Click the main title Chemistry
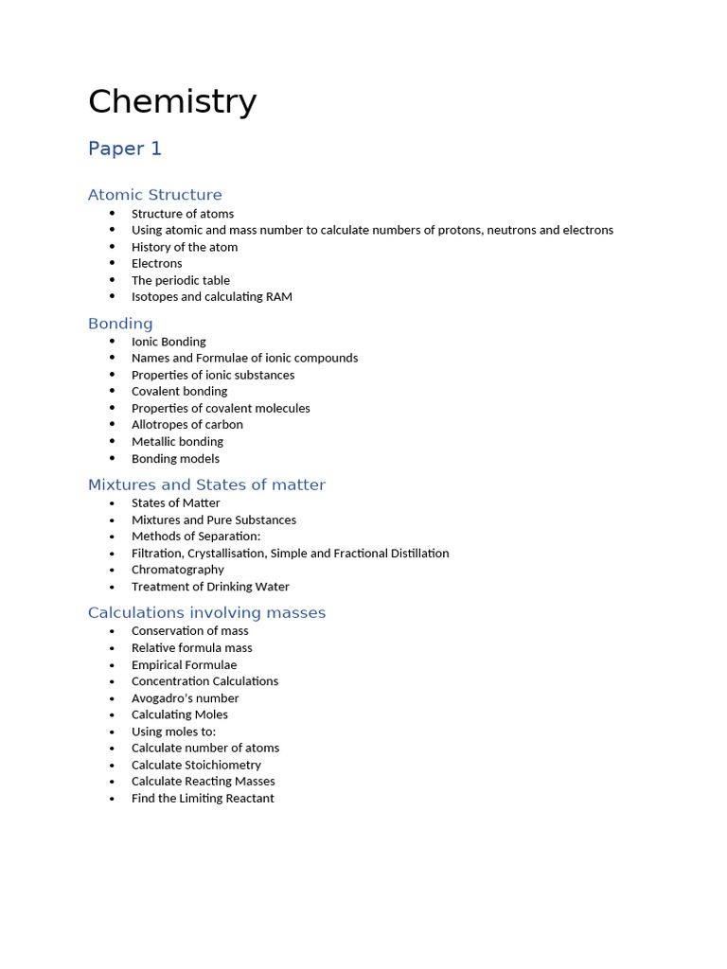(x=172, y=102)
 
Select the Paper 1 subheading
(x=125, y=149)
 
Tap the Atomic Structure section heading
(x=155, y=195)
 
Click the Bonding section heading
(x=120, y=324)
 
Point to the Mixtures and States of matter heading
(x=206, y=485)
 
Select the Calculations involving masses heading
(x=206, y=613)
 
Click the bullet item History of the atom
(x=185, y=247)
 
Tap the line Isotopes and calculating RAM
(x=212, y=297)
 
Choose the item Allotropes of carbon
(x=187, y=425)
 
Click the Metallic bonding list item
(x=177, y=442)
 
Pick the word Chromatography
(x=178, y=570)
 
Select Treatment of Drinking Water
(x=210, y=587)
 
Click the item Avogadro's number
(x=186, y=698)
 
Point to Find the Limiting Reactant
(x=203, y=799)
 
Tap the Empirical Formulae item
(x=185, y=665)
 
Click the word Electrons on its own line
(x=157, y=264)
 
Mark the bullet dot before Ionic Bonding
(x=112, y=342)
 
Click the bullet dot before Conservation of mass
(x=112, y=631)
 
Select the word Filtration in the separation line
(x=156, y=554)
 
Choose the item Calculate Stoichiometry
(x=196, y=766)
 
